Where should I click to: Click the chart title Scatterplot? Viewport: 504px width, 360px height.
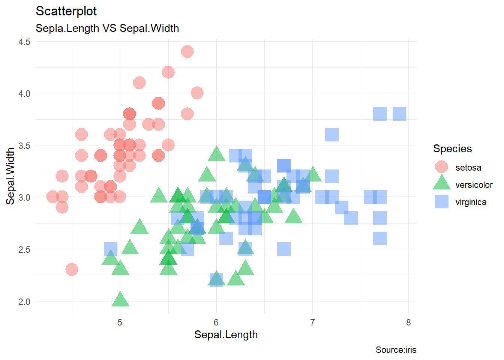66,11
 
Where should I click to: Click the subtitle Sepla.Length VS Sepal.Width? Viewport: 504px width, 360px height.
107,28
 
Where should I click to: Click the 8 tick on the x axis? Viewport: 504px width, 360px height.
408,322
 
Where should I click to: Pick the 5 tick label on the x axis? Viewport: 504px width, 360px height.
120,322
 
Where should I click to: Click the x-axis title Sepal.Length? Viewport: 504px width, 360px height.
226,335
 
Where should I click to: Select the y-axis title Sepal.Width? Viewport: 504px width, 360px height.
10,176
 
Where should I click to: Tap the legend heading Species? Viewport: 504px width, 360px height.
452,149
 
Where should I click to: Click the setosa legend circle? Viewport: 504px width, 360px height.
441,167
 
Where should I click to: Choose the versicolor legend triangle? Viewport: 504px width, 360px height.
441,183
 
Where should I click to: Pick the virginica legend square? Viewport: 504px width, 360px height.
441,201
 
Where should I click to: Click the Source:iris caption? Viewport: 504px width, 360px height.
396,350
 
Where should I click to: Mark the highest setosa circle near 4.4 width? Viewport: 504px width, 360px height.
187,51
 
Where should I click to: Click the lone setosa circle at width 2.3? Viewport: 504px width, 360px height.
72,269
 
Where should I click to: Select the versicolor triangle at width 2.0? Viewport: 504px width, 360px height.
120,300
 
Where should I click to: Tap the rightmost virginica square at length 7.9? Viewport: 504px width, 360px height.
399,114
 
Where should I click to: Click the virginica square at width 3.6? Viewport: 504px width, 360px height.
332,135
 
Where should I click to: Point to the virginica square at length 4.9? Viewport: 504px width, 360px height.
111,249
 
